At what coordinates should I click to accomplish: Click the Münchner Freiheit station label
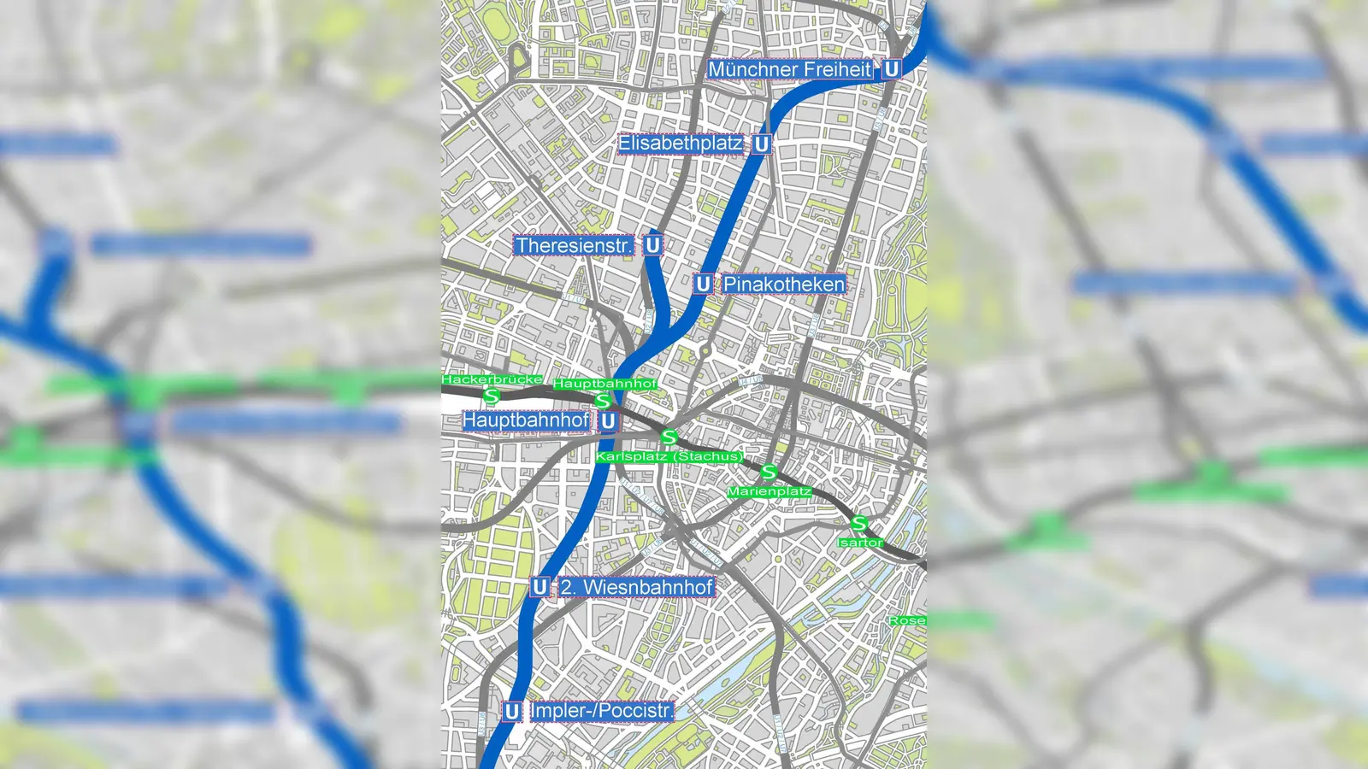(790, 69)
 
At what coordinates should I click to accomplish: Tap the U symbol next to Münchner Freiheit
(891, 69)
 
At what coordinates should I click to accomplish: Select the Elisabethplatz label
(681, 144)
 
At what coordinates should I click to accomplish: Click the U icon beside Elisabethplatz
(761, 144)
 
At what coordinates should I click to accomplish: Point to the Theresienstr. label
(575, 246)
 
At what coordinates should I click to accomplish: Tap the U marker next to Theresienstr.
(652, 245)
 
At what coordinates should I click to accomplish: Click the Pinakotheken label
(784, 284)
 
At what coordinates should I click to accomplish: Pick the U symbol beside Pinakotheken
(703, 284)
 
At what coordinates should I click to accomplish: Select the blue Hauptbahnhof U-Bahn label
(526, 420)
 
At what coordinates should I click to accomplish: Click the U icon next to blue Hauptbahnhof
(608, 420)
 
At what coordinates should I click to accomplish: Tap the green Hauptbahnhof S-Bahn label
(605, 384)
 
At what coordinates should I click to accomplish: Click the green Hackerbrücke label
(492, 379)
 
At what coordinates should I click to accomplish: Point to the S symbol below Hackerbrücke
(491, 396)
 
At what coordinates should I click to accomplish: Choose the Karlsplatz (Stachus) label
(669, 456)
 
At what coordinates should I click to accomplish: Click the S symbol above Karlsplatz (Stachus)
(669, 437)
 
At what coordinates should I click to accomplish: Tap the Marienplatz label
(769, 491)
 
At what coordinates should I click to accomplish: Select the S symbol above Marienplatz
(769, 472)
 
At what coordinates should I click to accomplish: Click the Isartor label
(860, 543)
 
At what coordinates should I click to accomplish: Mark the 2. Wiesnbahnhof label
(636, 587)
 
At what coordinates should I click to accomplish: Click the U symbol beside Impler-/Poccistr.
(512, 711)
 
